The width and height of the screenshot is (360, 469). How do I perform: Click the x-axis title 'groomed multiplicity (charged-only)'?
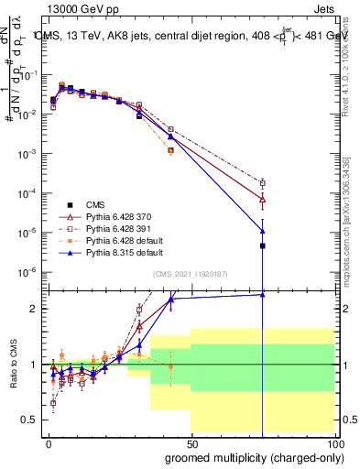(251, 456)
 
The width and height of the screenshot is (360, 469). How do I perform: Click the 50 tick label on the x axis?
(191, 442)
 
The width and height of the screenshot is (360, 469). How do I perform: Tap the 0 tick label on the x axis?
(49, 442)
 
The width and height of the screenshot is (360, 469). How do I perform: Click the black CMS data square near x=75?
(263, 245)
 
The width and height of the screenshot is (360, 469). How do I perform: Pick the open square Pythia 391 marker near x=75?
(263, 183)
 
